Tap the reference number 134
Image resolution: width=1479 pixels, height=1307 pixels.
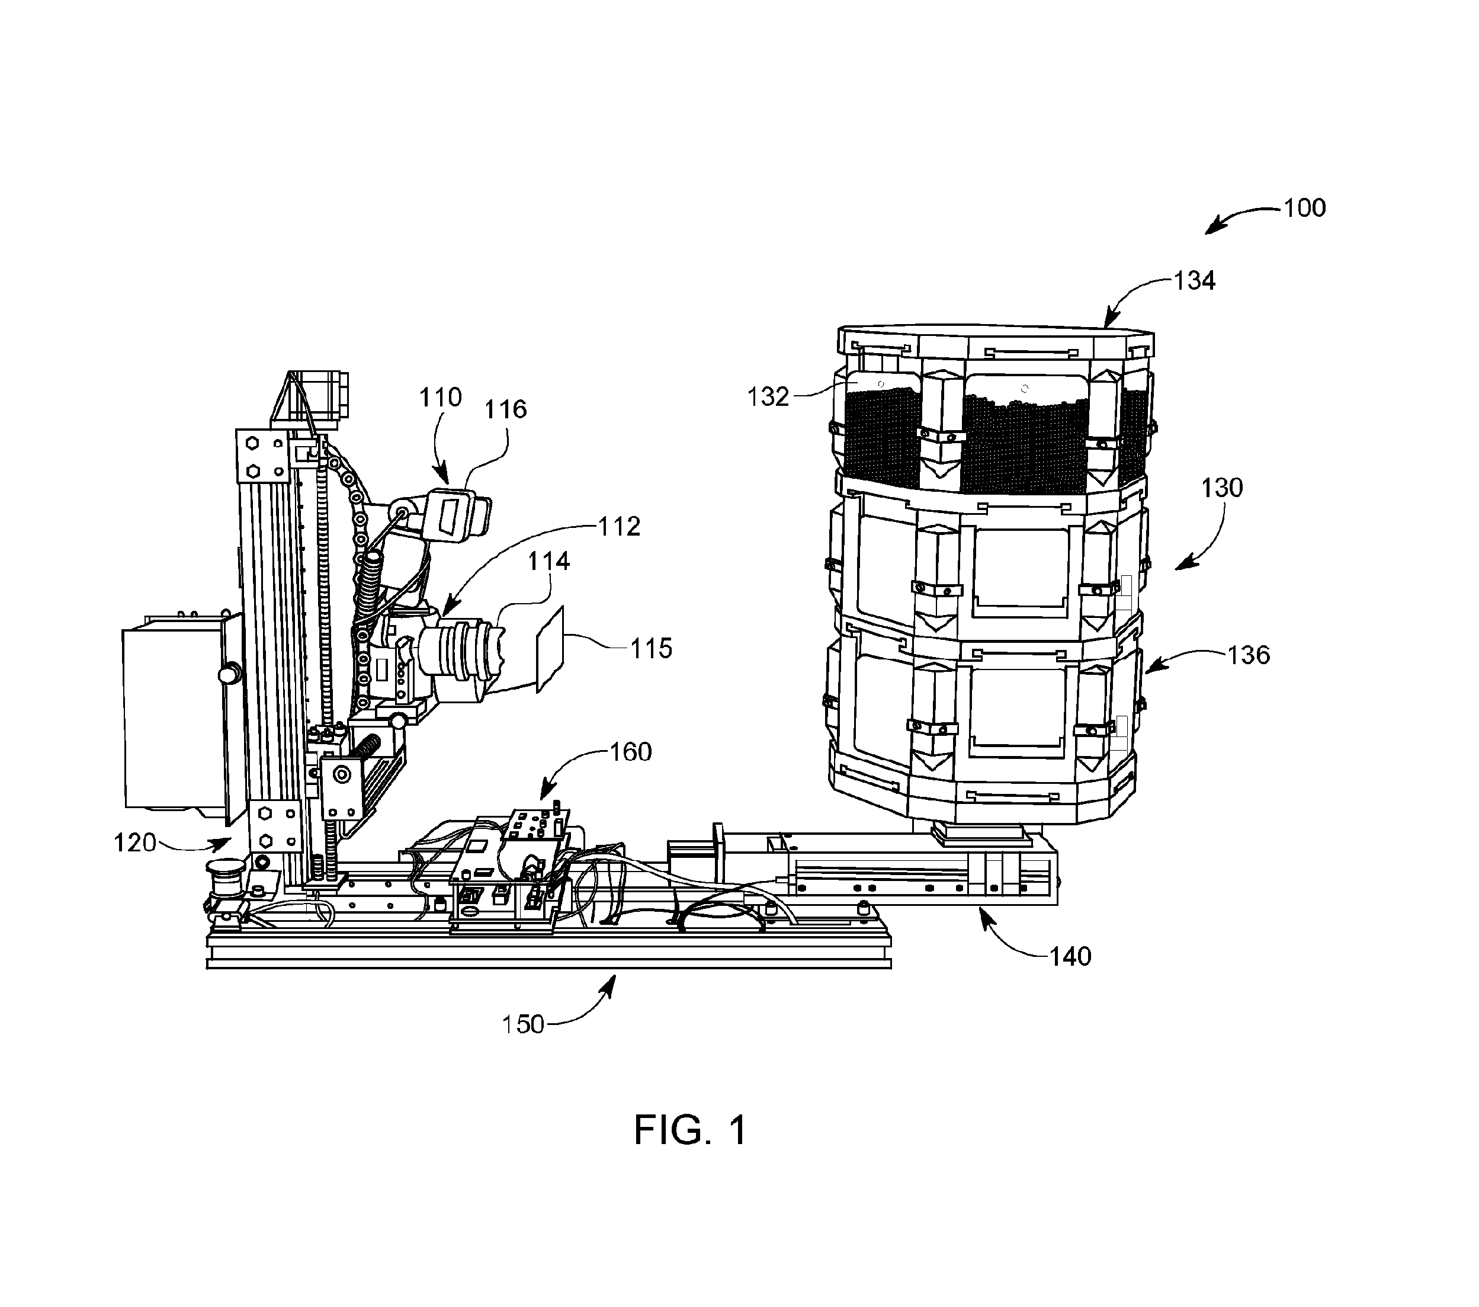tap(1195, 280)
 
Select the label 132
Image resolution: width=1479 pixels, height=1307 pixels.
tap(768, 396)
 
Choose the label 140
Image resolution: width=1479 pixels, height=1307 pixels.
tap(1070, 957)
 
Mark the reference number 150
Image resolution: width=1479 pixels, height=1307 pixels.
tap(523, 1025)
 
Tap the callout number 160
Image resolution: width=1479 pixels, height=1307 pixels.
tap(631, 752)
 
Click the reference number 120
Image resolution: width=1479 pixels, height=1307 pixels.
tap(135, 843)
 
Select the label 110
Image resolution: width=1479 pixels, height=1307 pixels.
tap(441, 398)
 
